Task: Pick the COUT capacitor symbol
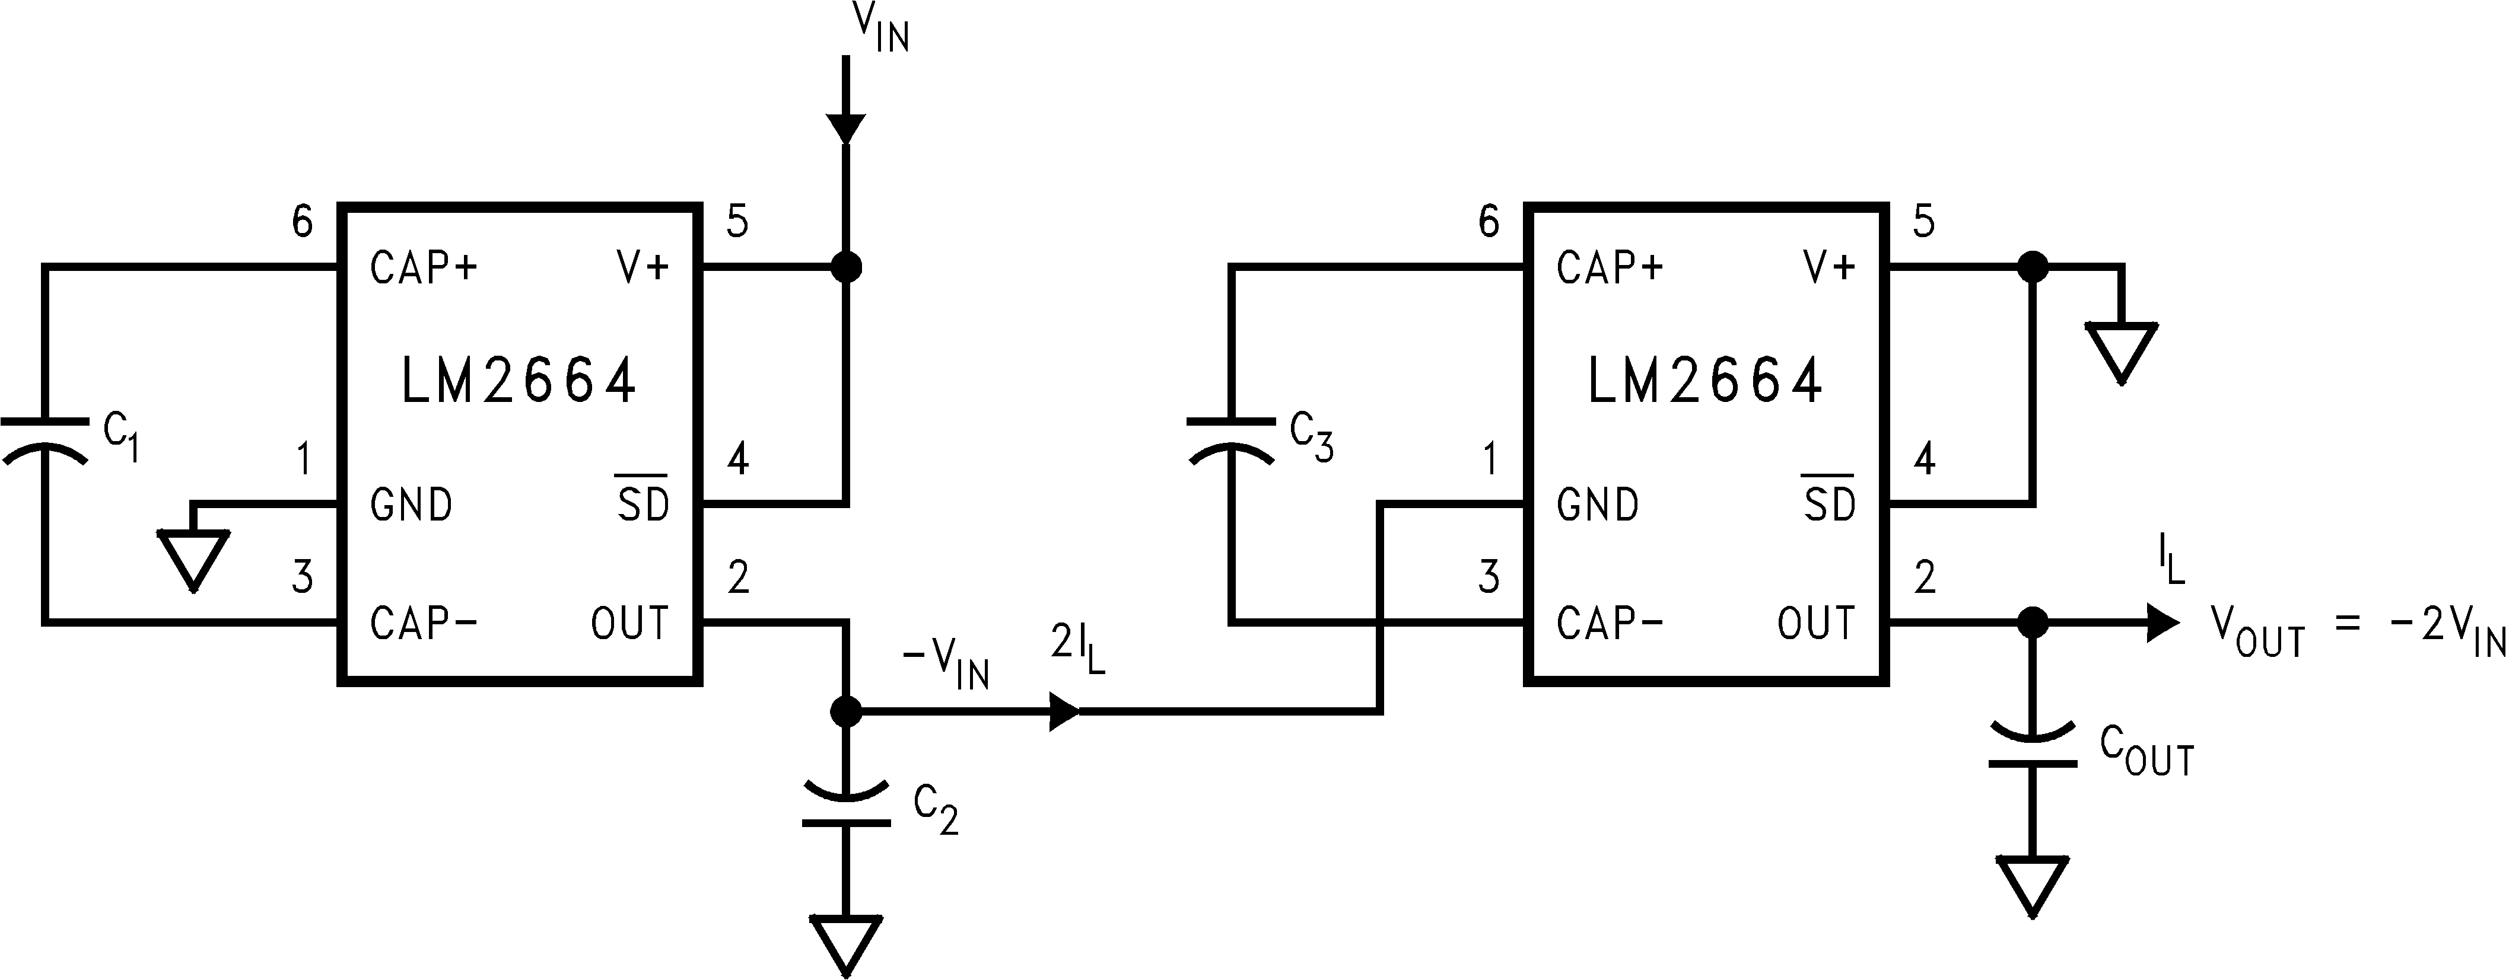click(2032, 745)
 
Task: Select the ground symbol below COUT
click(2032, 885)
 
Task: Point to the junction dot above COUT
click(2032, 623)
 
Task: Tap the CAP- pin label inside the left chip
click(423, 623)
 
